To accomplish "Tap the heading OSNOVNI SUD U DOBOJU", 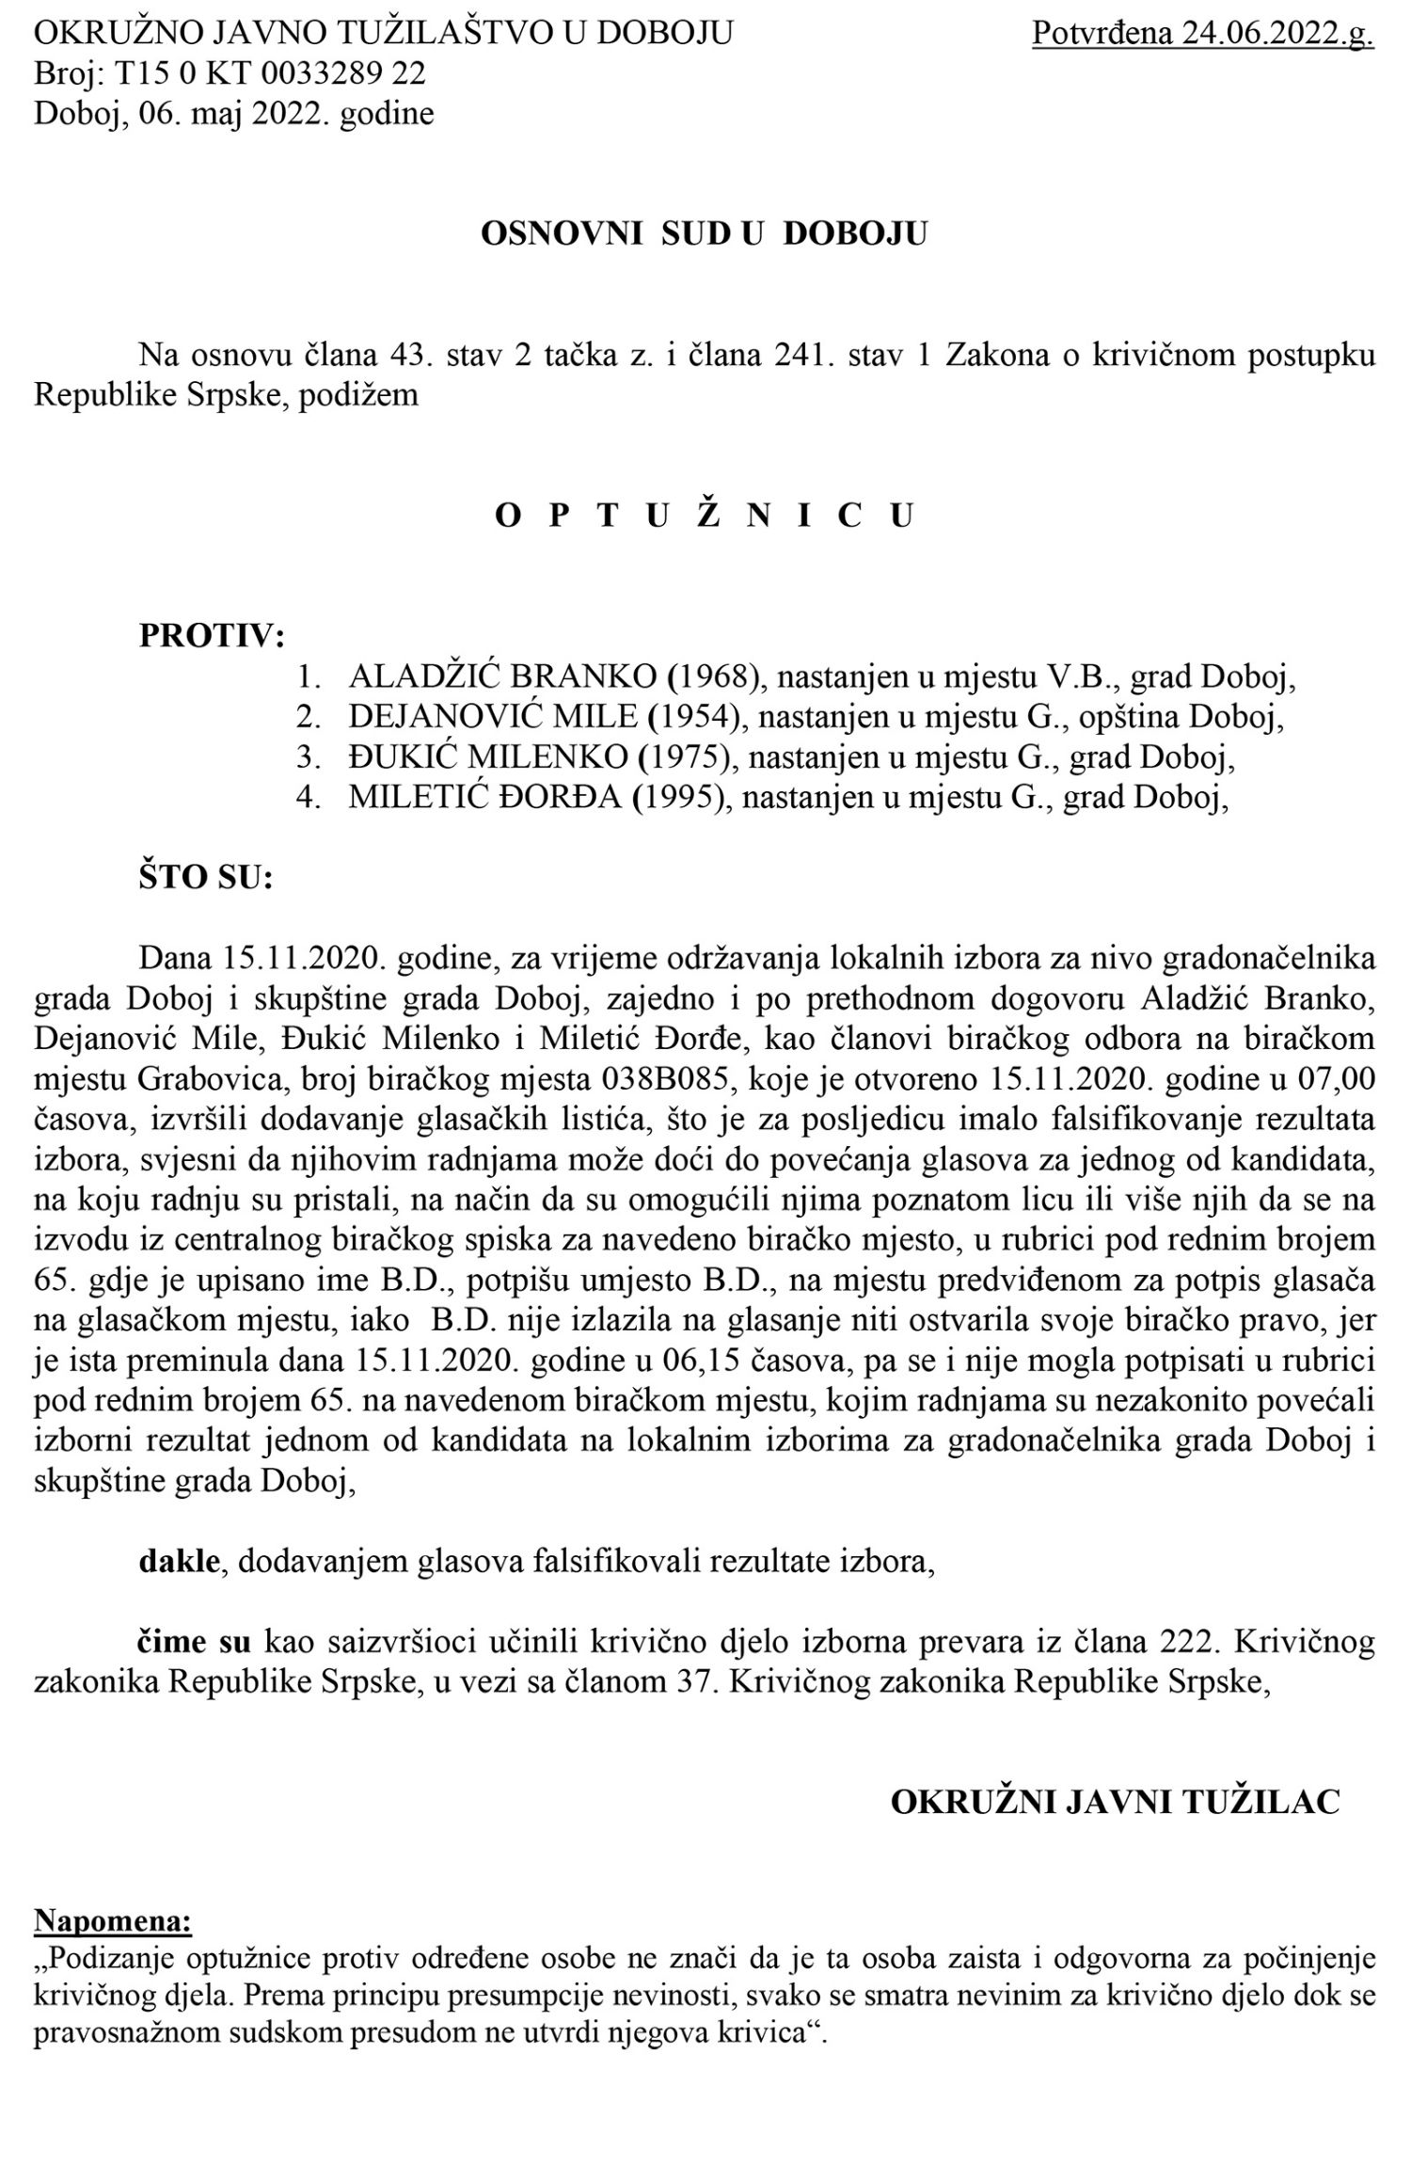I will [704, 233].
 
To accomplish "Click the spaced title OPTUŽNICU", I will [705, 517].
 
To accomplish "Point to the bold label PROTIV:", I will [212, 637].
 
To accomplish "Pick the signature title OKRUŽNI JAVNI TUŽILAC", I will [1115, 1802].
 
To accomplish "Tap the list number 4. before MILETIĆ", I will [309, 798].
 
